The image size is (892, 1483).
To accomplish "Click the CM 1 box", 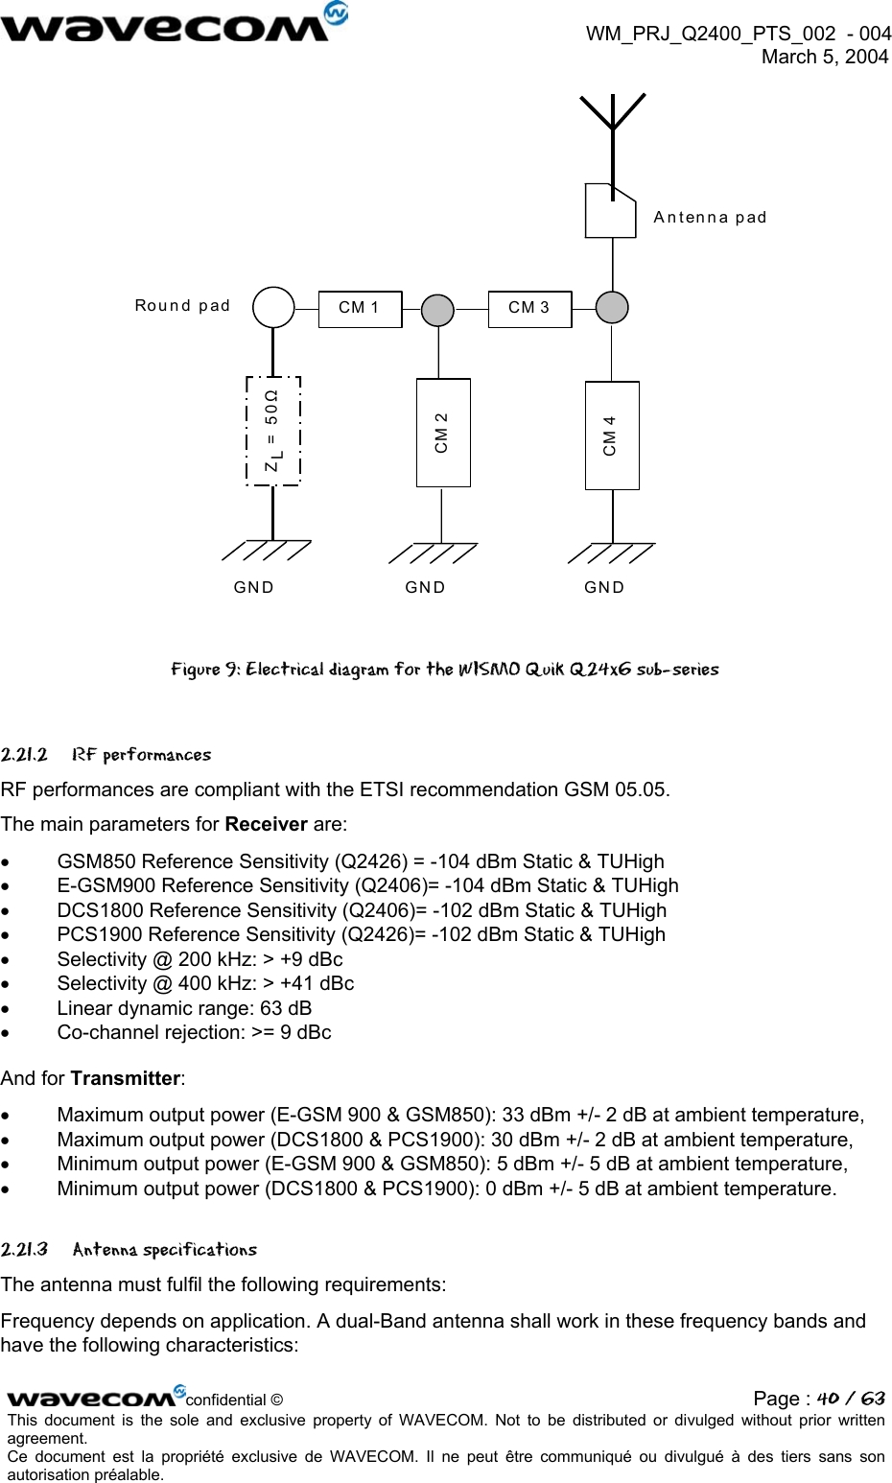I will tap(360, 309).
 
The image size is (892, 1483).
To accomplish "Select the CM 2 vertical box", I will tap(443, 433).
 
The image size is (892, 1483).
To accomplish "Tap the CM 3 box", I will tap(529, 309).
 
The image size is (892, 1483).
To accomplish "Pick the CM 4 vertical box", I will tap(612, 435).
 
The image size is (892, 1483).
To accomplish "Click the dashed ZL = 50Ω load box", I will tap(273, 431).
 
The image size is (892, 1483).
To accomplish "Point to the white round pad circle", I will tap(273, 308).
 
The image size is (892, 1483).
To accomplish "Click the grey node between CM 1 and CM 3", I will tap(438, 310).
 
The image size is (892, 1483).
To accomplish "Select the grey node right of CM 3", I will tap(612, 308).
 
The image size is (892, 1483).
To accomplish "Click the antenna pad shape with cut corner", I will tap(611, 211).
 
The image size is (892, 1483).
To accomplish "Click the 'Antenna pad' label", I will tap(710, 218).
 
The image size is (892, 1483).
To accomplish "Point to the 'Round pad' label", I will tap(182, 306).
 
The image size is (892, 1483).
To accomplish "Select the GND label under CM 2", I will tap(425, 587).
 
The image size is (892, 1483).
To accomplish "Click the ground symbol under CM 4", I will tap(611, 553).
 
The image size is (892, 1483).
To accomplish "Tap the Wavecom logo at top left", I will tap(173, 23).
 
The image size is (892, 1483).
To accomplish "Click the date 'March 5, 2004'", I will tap(825, 58).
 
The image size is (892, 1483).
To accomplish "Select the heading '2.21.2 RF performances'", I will tap(106, 755).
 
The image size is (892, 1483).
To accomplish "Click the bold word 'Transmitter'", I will tap(125, 1078).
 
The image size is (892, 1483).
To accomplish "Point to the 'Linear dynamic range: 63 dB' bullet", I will tap(184, 1008).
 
